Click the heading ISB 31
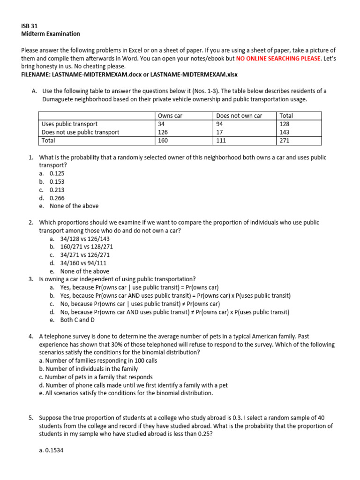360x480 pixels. [x=30, y=26]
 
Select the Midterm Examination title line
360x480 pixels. [x=51, y=34]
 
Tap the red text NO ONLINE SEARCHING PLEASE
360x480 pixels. [x=278, y=59]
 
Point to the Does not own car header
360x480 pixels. [x=239, y=116]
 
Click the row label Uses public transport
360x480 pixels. [x=70, y=124]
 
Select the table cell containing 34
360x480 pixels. [x=162, y=124]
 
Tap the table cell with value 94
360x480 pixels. [x=219, y=124]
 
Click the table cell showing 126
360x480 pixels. [x=164, y=132]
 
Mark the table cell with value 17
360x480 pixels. [x=219, y=132]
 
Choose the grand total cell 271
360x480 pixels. [x=284, y=140]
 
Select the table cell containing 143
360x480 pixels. [x=284, y=132]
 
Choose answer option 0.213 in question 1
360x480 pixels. [x=57, y=190]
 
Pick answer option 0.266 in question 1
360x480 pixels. [x=57, y=198]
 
